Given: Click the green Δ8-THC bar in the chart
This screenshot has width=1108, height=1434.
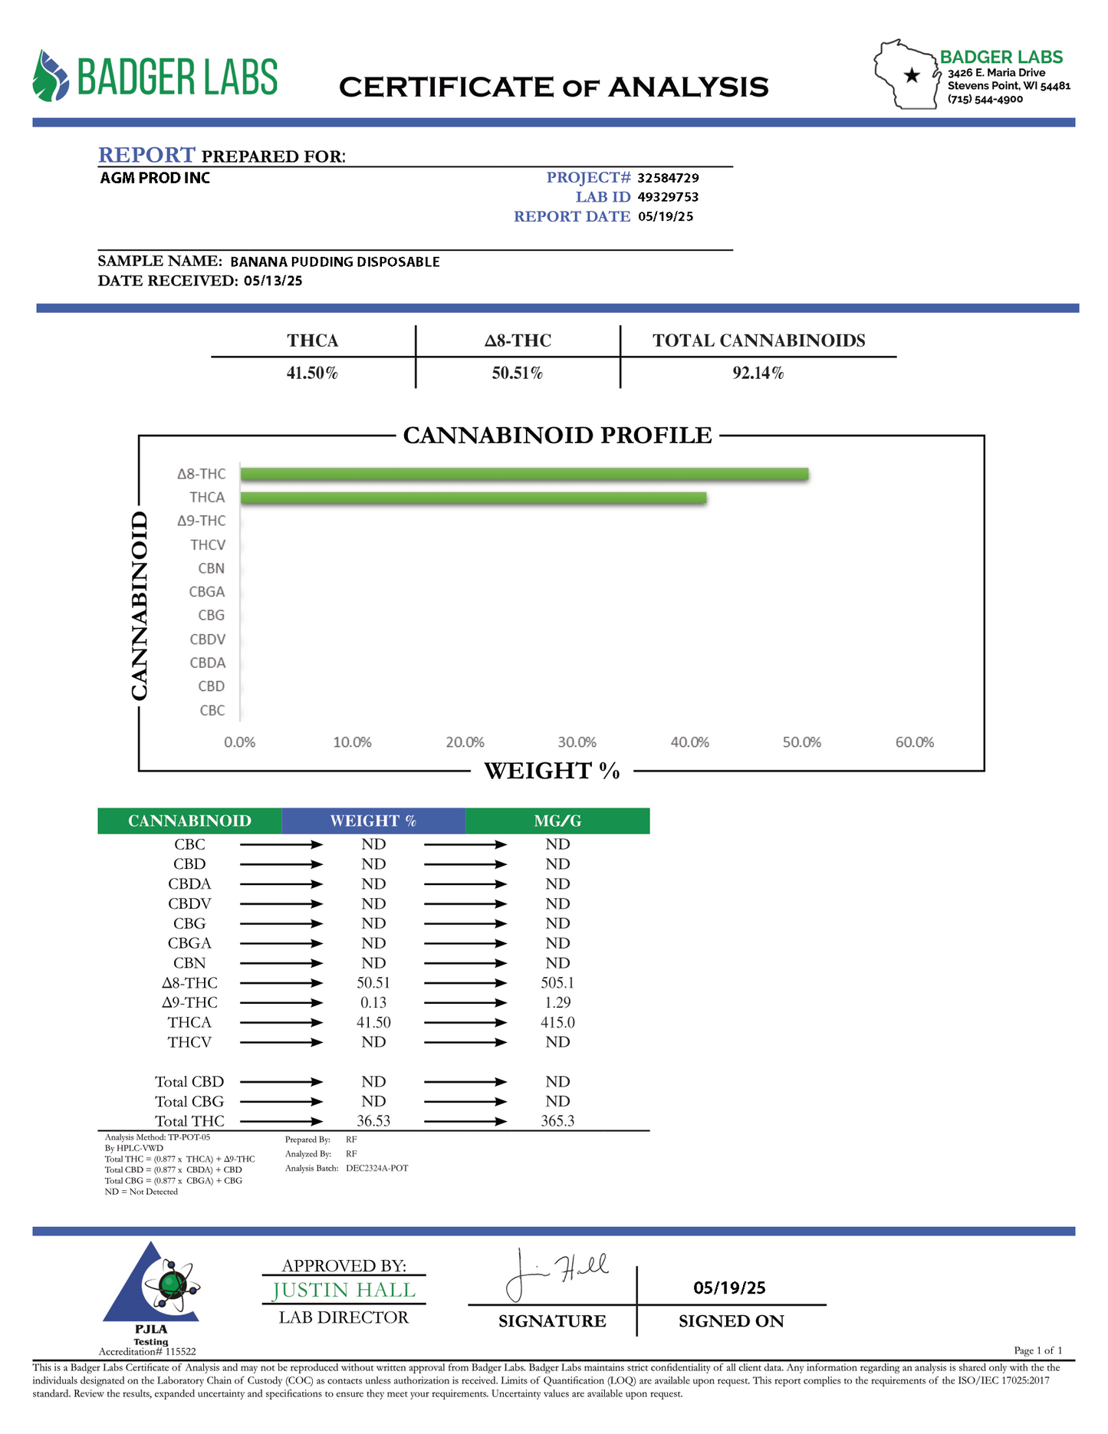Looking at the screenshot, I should click(x=524, y=474).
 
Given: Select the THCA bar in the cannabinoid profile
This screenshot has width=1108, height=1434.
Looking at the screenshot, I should click(x=473, y=498).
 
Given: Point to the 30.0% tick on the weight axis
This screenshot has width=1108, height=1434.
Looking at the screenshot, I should click(x=577, y=742).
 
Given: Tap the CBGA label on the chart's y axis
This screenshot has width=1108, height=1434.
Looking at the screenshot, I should click(x=207, y=592).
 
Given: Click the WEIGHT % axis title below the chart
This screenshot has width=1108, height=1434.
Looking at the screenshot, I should click(x=552, y=771).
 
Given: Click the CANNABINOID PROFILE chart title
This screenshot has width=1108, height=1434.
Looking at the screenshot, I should click(x=557, y=436).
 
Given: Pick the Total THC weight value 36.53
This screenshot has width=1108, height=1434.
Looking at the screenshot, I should click(x=373, y=1121).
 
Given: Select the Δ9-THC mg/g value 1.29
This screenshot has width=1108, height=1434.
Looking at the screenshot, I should click(x=557, y=1002).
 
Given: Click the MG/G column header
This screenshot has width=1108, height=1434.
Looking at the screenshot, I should click(x=557, y=821).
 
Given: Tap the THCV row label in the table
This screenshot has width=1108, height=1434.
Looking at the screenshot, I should click(x=189, y=1042).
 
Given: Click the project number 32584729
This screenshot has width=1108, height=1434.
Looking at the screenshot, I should click(x=668, y=178).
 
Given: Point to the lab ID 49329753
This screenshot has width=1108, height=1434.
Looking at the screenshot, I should click(x=668, y=197).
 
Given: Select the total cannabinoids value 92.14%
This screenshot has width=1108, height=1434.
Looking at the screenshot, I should click(x=758, y=373).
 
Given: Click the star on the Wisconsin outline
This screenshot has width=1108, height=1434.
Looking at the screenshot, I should click(x=912, y=75).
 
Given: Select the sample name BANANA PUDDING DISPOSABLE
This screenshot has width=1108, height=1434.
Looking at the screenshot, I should click(x=335, y=261).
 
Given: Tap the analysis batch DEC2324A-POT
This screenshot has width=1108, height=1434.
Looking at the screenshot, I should click(x=376, y=1168).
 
